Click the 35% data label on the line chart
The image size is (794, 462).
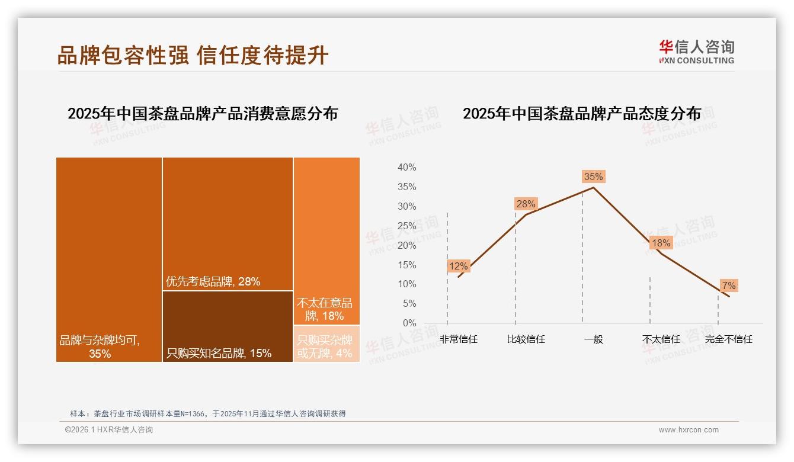click(593, 177)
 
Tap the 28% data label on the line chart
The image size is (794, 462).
click(526, 204)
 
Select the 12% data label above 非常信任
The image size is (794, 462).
click(458, 267)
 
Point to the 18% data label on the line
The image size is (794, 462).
click(661, 243)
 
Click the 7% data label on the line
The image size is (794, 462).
click(729, 286)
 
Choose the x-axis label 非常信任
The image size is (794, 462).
click(458, 339)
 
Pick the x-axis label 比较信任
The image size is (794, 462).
click(526, 339)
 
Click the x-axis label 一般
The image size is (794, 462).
click(593, 339)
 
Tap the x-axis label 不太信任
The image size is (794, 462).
click(661, 339)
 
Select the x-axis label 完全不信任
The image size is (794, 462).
click(728, 339)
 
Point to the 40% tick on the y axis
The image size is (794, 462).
click(406, 168)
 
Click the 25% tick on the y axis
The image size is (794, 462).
click(406, 226)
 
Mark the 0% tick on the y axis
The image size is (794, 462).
click(409, 323)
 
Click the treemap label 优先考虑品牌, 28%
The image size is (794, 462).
click(213, 282)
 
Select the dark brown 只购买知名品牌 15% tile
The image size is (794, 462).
click(228, 326)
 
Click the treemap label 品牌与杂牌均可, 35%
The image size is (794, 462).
click(100, 347)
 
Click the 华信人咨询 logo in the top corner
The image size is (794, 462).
click(696, 52)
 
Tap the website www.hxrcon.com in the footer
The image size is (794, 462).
click(689, 430)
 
